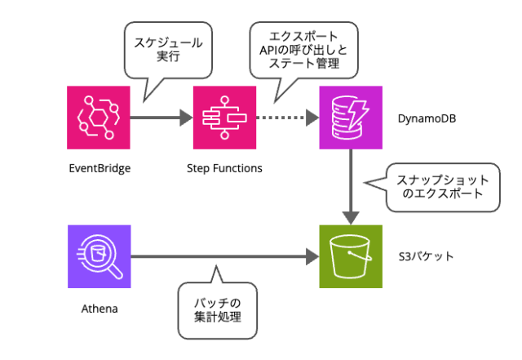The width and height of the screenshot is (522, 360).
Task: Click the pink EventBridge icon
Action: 99,118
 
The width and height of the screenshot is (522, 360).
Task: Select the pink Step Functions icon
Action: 224,118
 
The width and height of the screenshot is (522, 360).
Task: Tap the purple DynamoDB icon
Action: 351,118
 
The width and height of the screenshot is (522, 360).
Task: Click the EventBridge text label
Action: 100,169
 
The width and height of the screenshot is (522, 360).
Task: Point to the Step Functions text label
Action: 224,169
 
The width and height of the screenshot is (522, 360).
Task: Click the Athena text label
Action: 99,309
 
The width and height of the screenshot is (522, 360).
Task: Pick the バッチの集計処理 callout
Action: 216,309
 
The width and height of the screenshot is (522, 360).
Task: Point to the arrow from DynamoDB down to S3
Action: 351,188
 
